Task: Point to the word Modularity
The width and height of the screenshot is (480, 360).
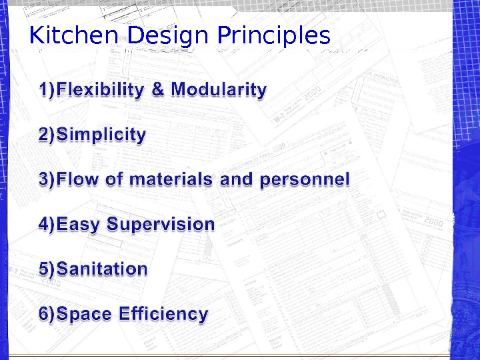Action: point(219,89)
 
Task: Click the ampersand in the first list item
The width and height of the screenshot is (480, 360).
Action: point(158,89)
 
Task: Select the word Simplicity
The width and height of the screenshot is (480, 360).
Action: point(101,135)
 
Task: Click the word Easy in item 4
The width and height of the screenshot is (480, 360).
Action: point(79,224)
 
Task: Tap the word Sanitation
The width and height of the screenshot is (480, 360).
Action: point(102,269)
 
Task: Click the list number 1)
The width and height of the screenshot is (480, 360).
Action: point(48,89)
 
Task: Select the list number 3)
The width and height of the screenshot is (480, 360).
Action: point(48,179)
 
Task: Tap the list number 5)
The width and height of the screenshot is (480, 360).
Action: point(48,269)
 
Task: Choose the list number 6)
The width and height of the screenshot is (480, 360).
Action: point(48,313)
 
